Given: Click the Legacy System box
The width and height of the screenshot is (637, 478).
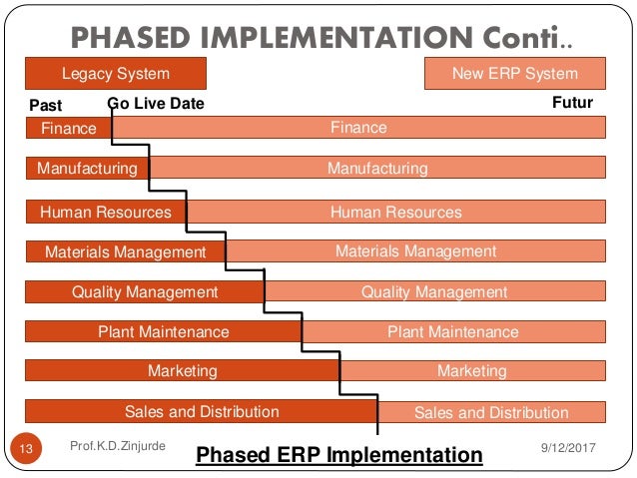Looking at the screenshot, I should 115,74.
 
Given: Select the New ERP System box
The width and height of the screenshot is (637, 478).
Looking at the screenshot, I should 514,74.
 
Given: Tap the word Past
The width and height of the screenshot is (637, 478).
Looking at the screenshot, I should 46,105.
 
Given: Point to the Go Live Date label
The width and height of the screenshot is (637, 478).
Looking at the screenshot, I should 155,104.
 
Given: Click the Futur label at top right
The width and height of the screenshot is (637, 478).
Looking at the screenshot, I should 572,103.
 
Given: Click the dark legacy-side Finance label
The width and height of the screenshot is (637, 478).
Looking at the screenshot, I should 68,128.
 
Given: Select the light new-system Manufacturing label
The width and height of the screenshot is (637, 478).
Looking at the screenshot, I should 377,169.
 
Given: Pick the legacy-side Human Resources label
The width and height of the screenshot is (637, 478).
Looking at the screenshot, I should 105,212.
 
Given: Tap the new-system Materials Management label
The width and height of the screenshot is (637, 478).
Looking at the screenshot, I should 415,251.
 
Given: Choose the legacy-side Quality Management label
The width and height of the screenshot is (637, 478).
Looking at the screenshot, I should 144,292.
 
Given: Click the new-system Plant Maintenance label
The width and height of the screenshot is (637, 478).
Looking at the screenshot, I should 452,332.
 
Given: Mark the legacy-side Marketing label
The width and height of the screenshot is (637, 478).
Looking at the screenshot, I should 182,371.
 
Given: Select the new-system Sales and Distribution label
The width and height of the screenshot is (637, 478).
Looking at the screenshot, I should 490,412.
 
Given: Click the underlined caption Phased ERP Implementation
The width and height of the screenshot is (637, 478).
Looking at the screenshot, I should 338,455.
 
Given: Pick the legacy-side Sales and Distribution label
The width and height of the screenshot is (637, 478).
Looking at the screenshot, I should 202,411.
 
